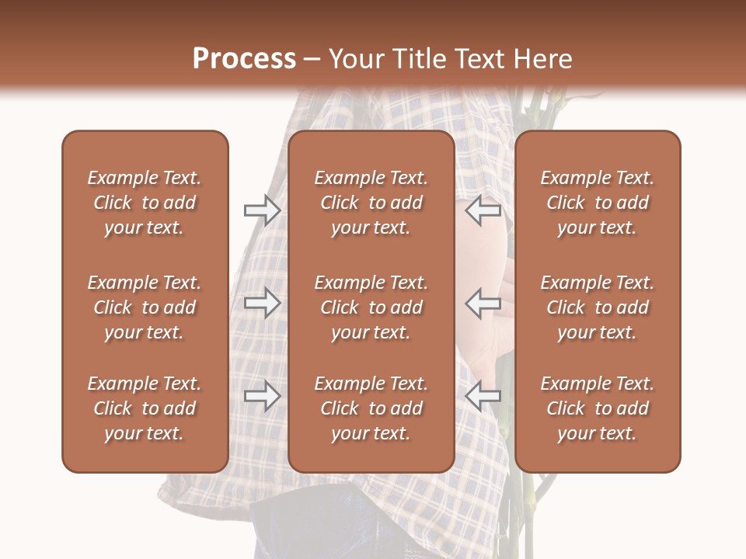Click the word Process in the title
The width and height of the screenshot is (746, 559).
pos(244,59)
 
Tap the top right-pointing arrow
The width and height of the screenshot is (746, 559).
pos(262,210)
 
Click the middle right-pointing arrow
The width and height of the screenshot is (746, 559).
pos(262,303)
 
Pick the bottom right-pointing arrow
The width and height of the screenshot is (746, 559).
pos(262,396)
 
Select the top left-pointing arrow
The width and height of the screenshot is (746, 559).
pos(483,210)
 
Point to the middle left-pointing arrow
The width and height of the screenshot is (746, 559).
pos(483,303)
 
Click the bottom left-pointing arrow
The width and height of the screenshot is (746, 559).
pos(483,396)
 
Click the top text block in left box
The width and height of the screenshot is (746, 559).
pos(145,203)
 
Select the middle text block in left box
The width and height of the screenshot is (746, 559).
pos(145,307)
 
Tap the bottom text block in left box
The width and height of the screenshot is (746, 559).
pos(145,408)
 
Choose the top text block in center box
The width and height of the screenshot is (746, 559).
pos(371,203)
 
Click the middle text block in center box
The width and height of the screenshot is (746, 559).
pos(371,307)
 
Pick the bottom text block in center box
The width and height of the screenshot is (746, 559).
pos(371,408)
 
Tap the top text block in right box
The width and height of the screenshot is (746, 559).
pos(597,203)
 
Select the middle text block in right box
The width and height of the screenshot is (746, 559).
pos(597,307)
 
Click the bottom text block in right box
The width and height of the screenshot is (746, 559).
pos(597,408)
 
